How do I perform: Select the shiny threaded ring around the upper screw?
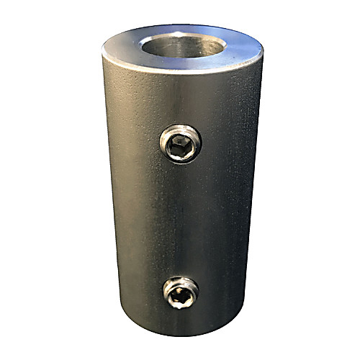tap(167, 137)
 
